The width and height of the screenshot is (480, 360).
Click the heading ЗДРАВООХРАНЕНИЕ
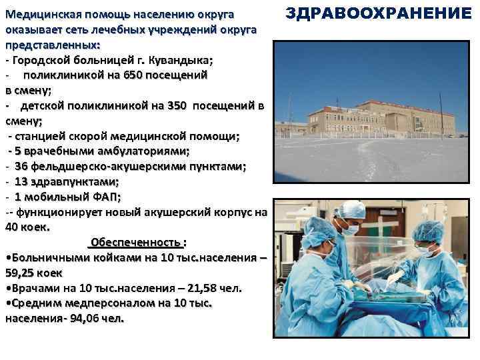click(379, 13)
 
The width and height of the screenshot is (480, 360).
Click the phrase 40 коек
click(27, 227)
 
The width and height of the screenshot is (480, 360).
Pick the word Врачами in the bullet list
click(31, 289)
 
